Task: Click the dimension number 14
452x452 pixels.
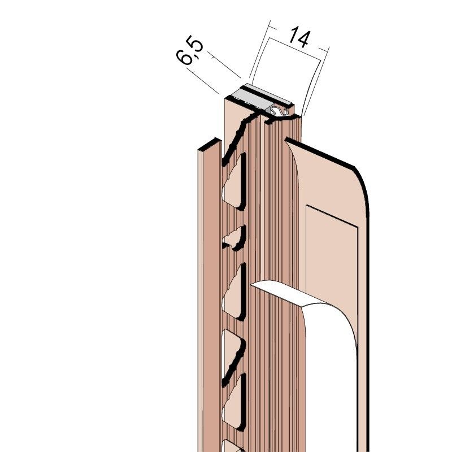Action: pyautogui.click(x=299, y=37)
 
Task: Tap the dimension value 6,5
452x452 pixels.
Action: pyautogui.click(x=189, y=50)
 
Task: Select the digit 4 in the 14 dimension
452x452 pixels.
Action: pyautogui.click(x=303, y=38)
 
